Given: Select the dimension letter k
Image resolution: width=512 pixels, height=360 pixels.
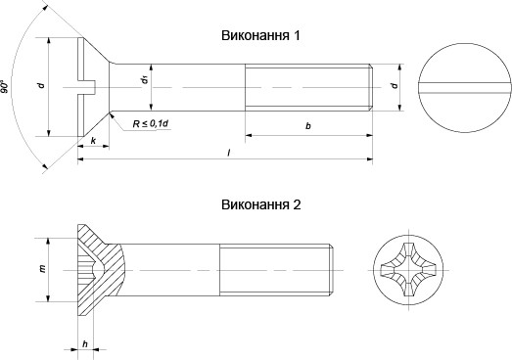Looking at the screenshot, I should pos(92,143).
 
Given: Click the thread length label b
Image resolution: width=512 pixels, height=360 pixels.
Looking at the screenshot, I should pos(307,126).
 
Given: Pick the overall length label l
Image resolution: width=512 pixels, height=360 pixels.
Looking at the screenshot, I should pos(226,155).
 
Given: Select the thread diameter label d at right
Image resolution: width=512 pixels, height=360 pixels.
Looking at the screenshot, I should pos(393,87).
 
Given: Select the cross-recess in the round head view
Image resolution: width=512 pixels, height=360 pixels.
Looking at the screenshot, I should pos(409,268).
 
